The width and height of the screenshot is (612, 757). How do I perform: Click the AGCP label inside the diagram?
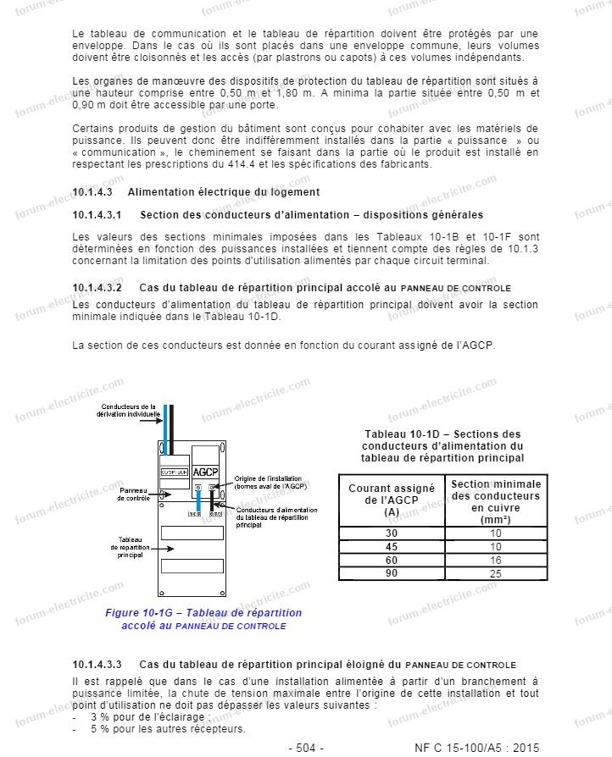(x=205, y=472)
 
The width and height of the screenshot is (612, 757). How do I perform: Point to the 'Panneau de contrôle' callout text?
(x=134, y=494)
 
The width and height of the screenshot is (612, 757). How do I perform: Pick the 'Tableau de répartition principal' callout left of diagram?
(x=130, y=546)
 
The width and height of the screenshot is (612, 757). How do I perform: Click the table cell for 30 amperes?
(x=391, y=533)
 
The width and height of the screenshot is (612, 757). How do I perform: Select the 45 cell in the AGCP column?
(x=391, y=546)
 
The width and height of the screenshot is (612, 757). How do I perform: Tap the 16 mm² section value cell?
(x=495, y=560)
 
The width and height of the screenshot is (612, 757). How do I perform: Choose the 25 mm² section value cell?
(x=495, y=573)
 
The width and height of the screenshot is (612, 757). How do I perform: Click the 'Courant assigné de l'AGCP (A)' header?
(x=391, y=500)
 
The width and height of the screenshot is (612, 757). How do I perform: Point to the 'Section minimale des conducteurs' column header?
(x=495, y=500)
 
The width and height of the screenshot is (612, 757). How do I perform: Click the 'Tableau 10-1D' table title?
(x=442, y=445)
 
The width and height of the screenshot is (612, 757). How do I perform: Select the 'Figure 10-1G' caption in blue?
(x=203, y=619)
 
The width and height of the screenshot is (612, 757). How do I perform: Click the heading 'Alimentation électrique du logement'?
(x=224, y=192)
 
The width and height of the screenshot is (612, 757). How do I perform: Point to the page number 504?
(x=306, y=748)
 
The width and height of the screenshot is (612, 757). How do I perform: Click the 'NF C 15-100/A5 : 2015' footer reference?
(x=476, y=748)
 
